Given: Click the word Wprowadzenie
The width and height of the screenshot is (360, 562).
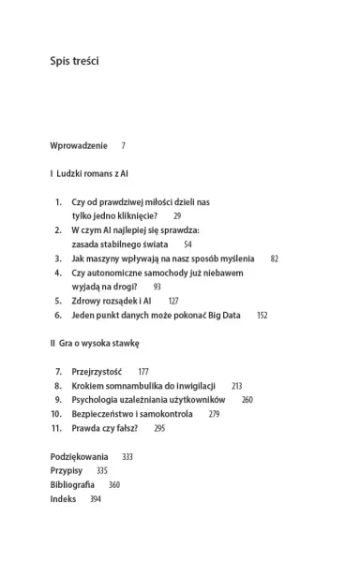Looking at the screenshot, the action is (x=79, y=146).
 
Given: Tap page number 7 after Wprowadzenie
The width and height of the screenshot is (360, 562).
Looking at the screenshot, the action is (x=123, y=146).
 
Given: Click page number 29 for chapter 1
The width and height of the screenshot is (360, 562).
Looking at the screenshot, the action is (x=177, y=215).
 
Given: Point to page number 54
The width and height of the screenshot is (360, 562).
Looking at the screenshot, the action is (x=187, y=244).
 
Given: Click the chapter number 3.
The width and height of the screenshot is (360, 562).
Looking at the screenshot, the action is (x=58, y=258).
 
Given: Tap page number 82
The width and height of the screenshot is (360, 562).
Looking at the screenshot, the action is (x=274, y=258).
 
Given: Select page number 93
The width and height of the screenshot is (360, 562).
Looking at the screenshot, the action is (x=157, y=287).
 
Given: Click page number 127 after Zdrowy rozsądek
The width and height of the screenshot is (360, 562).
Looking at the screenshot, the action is (x=172, y=301).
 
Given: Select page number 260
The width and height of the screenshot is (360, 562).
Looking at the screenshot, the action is (x=247, y=400).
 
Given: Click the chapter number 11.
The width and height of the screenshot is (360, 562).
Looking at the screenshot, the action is (x=56, y=428).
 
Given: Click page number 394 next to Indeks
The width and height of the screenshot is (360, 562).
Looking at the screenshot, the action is (x=95, y=499).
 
